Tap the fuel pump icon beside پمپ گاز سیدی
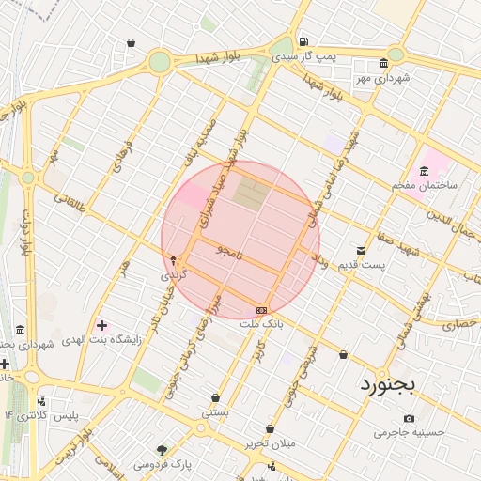303,41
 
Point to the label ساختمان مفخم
425,185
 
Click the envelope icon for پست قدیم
362,250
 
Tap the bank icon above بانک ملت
261,310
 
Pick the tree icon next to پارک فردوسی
162,449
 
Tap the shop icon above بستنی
215,397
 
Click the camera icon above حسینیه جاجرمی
408,418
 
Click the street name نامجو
227,252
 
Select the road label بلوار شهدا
218,58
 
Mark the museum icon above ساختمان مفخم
425,171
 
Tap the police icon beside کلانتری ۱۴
39,400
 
